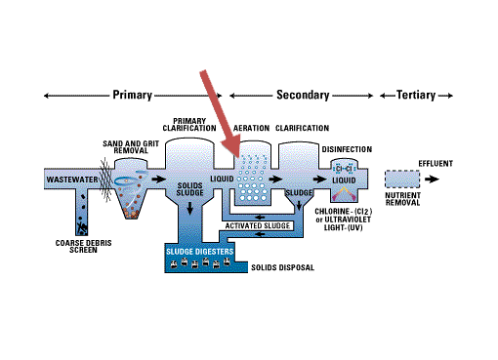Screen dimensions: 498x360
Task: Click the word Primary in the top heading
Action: [x=133, y=95]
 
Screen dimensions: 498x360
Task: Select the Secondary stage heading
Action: [x=303, y=95]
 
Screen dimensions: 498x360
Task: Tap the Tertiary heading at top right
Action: [x=416, y=95]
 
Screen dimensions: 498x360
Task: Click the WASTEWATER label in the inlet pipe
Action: [x=72, y=180]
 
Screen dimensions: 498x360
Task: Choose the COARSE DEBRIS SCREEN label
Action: [x=83, y=247]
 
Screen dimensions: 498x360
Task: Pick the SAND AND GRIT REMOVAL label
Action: [x=131, y=147]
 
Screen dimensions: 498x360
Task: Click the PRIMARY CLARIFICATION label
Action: [x=189, y=125]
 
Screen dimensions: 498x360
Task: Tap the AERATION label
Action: [x=251, y=128]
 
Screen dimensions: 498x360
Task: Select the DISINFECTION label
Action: [x=347, y=149]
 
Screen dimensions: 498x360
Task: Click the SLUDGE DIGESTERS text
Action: [x=200, y=252]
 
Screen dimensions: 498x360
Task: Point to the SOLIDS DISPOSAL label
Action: [x=282, y=267]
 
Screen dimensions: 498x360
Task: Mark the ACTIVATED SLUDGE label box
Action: [x=258, y=225]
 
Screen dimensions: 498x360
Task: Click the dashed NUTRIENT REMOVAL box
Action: [x=402, y=180]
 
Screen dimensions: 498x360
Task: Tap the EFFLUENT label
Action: [x=436, y=163]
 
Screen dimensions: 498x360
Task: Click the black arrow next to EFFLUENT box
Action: [x=432, y=179]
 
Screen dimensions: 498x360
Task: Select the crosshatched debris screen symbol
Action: [x=105, y=180]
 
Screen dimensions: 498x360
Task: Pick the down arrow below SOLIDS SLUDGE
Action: [x=189, y=208]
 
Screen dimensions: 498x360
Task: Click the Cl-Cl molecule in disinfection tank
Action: [x=344, y=169]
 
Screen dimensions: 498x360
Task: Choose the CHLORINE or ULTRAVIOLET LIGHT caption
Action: [x=344, y=220]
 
